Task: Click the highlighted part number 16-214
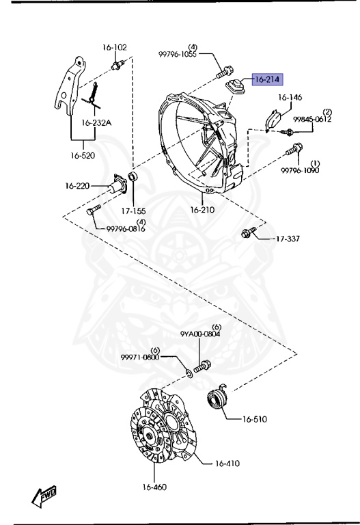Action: pos(267,80)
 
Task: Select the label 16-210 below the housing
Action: pos(202,210)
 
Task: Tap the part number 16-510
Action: pos(255,419)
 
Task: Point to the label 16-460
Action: pos(154,487)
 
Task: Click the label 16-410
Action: pos(227,463)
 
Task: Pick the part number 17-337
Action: pos(288,239)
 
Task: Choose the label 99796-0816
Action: pos(126,229)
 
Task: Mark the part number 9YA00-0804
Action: pos(200,334)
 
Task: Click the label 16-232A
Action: pos(96,123)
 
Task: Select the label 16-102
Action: pos(115,47)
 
